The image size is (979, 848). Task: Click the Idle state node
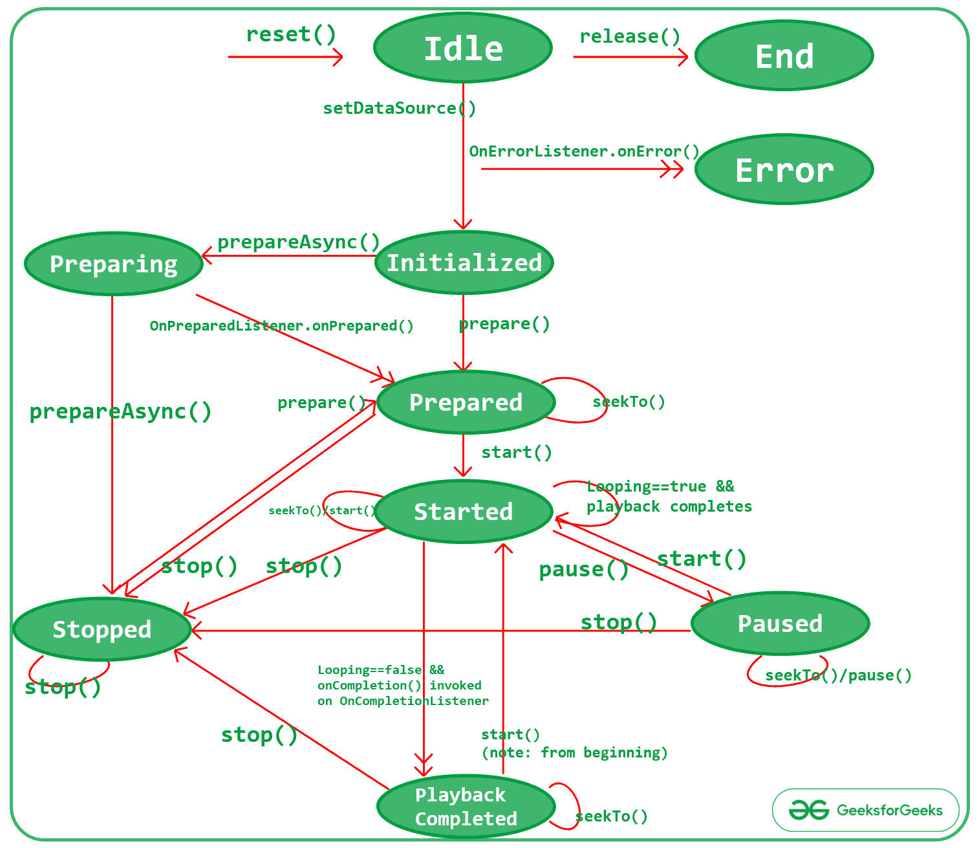point(463,49)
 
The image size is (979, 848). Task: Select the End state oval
point(784,56)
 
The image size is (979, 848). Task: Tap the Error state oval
point(784,170)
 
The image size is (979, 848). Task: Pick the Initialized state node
point(464,263)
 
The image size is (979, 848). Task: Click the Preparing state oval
point(113,264)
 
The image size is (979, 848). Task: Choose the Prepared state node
point(466,402)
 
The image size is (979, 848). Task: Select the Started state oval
point(463,512)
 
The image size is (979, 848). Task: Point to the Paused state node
point(780,624)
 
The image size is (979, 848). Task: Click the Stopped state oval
point(102,629)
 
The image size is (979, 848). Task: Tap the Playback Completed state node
point(466,807)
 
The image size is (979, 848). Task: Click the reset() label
point(291,34)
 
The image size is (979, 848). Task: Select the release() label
point(629,37)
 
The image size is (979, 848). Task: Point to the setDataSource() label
point(399,108)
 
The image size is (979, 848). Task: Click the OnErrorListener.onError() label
point(584,151)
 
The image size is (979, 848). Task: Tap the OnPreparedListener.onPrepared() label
point(281,325)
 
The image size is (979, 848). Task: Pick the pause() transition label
point(583,569)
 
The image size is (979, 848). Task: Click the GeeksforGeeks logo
point(865,810)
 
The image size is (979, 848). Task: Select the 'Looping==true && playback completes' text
point(669,496)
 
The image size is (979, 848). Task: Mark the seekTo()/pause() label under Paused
point(838,675)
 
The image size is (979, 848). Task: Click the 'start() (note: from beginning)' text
point(574,744)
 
